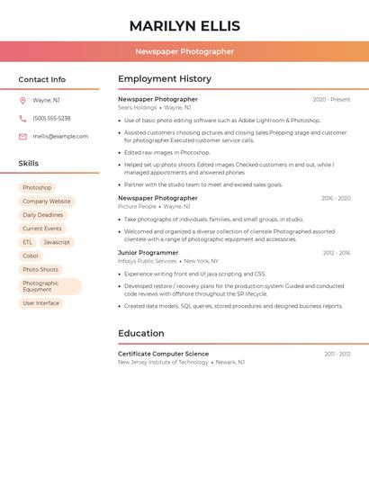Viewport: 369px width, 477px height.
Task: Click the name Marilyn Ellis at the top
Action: pyautogui.click(x=184, y=25)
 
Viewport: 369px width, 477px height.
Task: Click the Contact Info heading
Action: pyautogui.click(x=41, y=79)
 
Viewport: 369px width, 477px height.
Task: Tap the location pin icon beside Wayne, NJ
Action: pyautogui.click(x=22, y=100)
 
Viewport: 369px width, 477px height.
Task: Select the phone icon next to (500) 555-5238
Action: pyautogui.click(x=22, y=118)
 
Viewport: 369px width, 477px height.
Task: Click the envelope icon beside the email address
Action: pyautogui.click(x=22, y=137)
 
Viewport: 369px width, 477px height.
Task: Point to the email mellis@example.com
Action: pyautogui.click(x=60, y=137)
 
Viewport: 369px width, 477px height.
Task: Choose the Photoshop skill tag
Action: pyautogui.click(x=37, y=188)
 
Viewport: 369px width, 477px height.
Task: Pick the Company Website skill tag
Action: pyautogui.click(x=46, y=202)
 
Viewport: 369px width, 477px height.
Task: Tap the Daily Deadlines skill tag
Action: pyautogui.click(x=42, y=215)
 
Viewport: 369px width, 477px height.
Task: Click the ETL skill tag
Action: pyautogui.click(x=28, y=242)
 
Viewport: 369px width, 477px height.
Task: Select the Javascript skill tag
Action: pyautogui.click(x=57, y=242)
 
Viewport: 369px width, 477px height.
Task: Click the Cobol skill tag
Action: pyautogui.click(x=31, y=256)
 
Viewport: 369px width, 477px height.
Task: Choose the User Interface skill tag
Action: pyautogui.click(x=40, y=303)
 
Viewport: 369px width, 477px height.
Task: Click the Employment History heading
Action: pyautogui.click(x=165, y=78)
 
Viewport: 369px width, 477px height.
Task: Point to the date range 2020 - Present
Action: pyautogui.click(x=331, y=99)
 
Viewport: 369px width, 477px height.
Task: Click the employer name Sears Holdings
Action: pyautogui.click(x=137, y=107)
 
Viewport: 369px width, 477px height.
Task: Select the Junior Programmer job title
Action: pyautogui.click(x=148, y=253)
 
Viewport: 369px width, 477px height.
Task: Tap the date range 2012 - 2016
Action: pyautogui.click(x=337, y=253)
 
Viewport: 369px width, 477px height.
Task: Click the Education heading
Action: pyautogui.click(x=140, y=333)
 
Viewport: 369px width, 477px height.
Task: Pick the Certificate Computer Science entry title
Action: pyautogui.click(x=163, y=354)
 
